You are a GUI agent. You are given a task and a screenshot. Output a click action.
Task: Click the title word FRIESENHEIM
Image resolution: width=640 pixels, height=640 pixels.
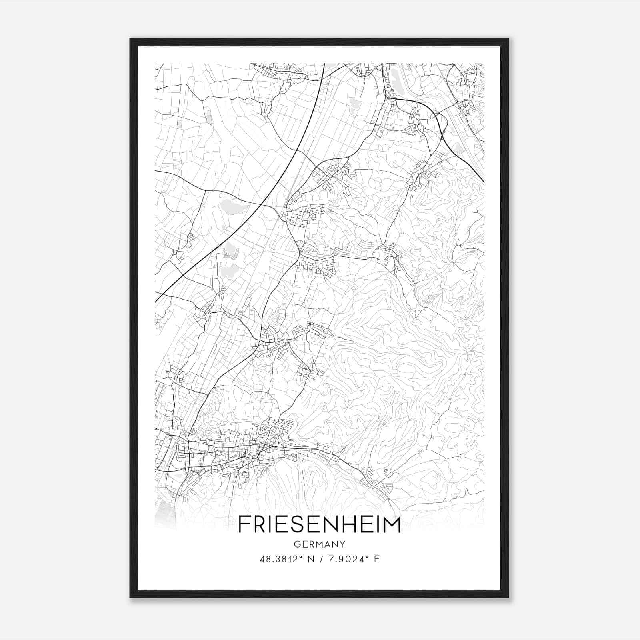(319, 525)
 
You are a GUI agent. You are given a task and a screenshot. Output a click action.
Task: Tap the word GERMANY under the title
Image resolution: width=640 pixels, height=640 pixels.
(320, 544)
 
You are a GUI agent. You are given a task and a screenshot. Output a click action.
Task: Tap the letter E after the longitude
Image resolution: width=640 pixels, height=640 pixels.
(376, 559)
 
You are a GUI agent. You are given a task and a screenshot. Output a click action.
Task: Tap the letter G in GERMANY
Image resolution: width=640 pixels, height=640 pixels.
(297, 544)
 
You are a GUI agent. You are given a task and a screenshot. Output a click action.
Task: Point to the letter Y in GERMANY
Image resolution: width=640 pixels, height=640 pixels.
(342, 544)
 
